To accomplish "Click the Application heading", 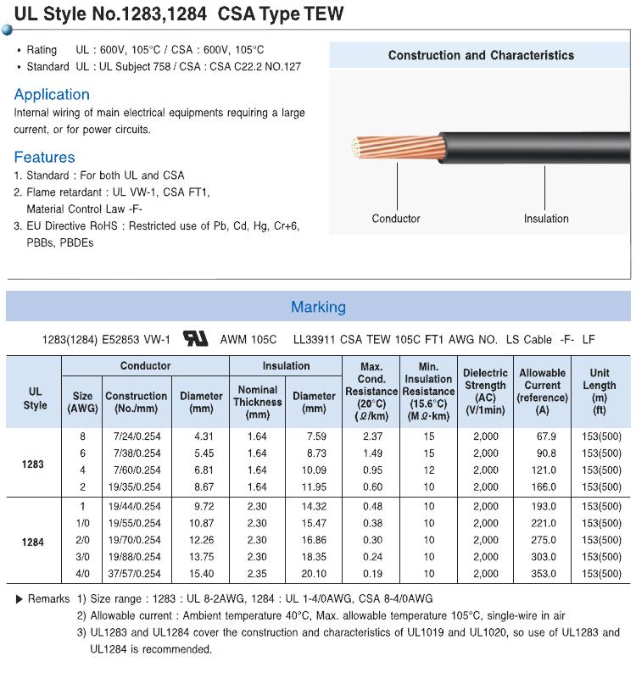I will [x=52, y=94].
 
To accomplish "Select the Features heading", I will [x=44, y=157].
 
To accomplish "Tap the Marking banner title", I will [x=318, y=307].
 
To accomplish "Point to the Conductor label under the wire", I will [x=396, y=219].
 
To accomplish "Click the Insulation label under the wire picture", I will [x=546, y=219].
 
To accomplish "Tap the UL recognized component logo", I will [x=196, y=339].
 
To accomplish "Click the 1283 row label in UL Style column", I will [x=34, y=465].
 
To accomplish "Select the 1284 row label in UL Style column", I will [x=34, y=542].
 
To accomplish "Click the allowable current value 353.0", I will [x=543, y=574].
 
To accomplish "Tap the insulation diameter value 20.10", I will [x=314, y=574].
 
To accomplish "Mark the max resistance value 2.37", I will [x=371, y=437].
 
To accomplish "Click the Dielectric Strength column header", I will [x=485, y=391].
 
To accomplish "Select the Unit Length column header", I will [x=600, y=391].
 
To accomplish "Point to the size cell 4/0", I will [x=83, y=574].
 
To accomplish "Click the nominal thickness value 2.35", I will [x=257, y=574].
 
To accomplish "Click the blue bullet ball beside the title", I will [x=7, y=30].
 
